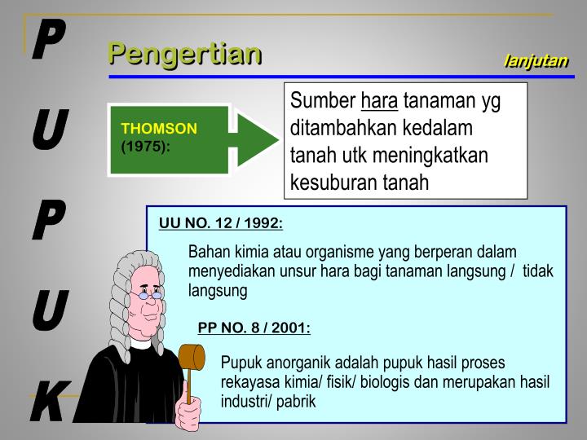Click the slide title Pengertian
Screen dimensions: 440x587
(x=186, y=54)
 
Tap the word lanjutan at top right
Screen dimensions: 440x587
(x=536, y=61)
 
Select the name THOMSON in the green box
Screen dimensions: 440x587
(x=160, y=130)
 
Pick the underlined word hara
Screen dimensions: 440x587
(x=379, y=102)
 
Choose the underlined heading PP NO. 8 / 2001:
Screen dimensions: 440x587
(x=254, y=328)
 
